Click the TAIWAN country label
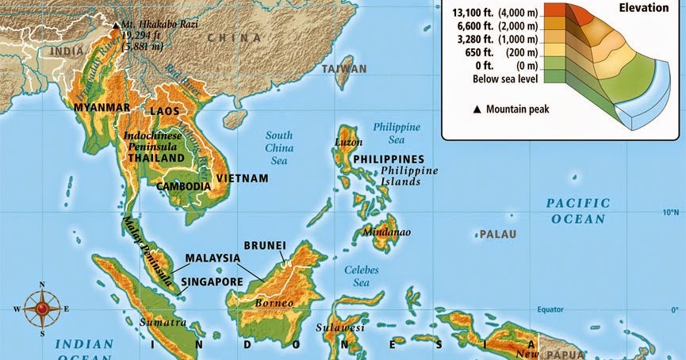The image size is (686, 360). (344, 69)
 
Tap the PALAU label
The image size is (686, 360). (497, 234)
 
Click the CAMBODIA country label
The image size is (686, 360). (183, 186)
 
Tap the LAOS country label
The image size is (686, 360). (164, 112)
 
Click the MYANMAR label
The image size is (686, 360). (101, 106)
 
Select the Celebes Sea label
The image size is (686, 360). (362, 276)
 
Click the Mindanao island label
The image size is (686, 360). (386, 232)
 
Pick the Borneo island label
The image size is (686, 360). (274, 303)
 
